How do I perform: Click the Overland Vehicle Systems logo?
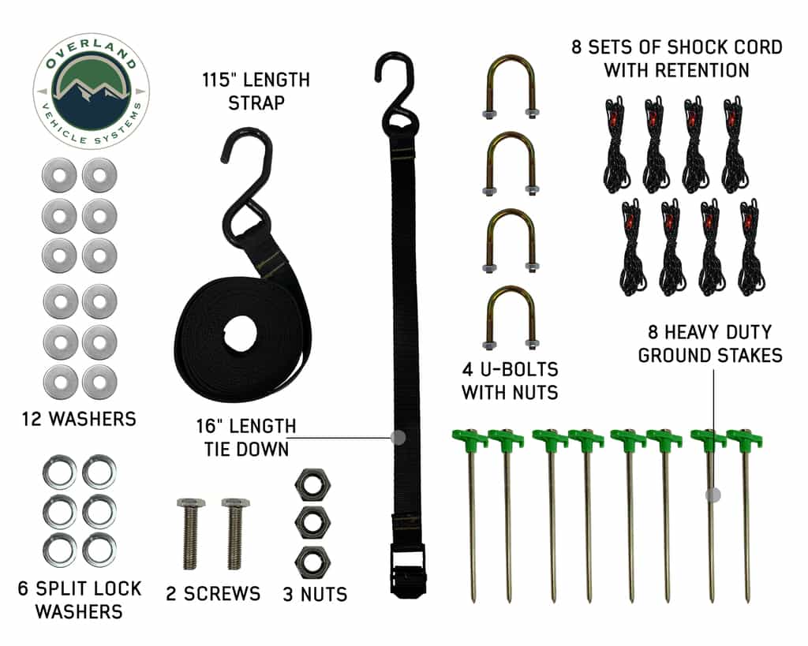pos(92,91)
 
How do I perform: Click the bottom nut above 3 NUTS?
pos(312,562)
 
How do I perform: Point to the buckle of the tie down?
pos(408,569)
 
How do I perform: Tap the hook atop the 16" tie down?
pos(397,93)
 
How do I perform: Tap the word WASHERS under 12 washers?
pos(92,419)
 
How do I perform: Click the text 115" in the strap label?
pos(219,80)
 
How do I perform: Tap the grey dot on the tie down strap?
pos(398,438)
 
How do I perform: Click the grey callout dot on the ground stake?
pos(713,495)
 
